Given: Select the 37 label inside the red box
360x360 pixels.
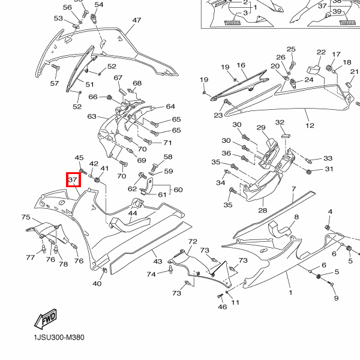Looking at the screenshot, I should [73, 179].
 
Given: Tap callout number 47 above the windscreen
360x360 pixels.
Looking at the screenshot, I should [137, 20].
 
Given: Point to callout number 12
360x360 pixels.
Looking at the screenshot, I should [310, 126].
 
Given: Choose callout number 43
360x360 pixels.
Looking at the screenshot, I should [157, 262].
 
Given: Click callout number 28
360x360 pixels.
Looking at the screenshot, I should [262, 211].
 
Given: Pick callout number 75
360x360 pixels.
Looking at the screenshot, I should [26, 217].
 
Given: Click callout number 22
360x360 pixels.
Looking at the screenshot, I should [321, 53].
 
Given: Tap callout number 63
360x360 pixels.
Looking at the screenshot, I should [92, 116].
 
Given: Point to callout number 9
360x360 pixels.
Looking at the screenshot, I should [336, 298].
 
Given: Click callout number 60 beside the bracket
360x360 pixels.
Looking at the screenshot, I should [178, 190].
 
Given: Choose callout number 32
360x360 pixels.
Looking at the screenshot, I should [280, 123].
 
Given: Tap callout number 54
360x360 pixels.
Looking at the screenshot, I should [99, 5].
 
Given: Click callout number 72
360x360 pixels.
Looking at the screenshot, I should [193, 241].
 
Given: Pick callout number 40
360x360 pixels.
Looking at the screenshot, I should [97, 284].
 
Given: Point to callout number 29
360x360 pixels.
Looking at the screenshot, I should [261, 128].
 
